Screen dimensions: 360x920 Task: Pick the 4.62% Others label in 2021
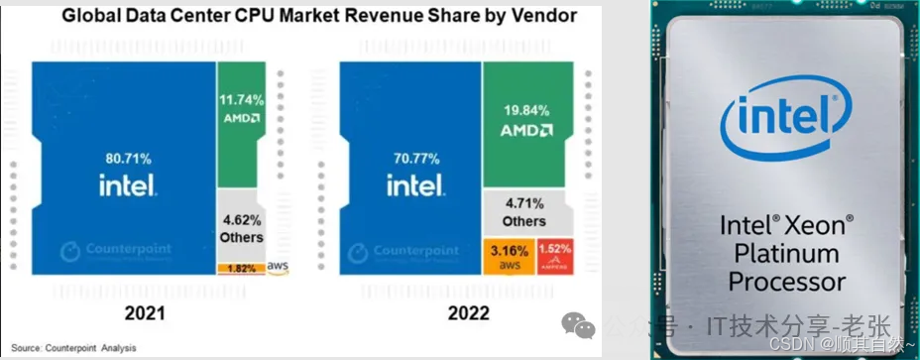[x=242, y=221]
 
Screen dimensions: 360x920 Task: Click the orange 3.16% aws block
[x=507, y=253]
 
